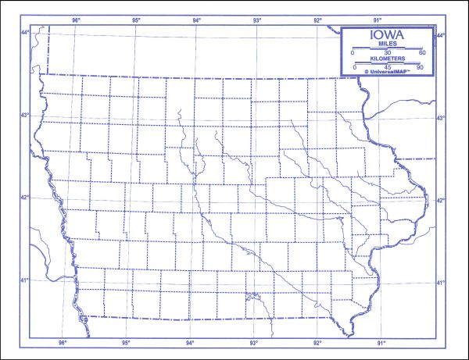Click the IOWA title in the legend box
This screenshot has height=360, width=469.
pos(388,36)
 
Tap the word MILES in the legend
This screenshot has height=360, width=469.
pos(388,45)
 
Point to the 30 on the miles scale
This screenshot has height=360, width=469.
pos(388,52)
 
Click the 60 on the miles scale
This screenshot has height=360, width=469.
pos(422,52)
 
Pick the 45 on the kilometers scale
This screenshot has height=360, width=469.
pos(388,67)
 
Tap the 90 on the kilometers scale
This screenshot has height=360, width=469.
pos(420,67)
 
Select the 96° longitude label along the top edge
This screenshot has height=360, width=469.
pos(76,20)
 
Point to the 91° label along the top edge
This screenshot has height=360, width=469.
pos(378,20)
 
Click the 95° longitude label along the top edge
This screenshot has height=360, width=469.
pos(136,20)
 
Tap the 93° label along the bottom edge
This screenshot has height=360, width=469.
pos(254,343)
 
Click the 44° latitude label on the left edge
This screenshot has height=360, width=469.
pos(24,32)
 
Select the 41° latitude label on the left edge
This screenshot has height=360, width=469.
pos(24,281)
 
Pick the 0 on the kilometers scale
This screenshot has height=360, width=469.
pos(356,67)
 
